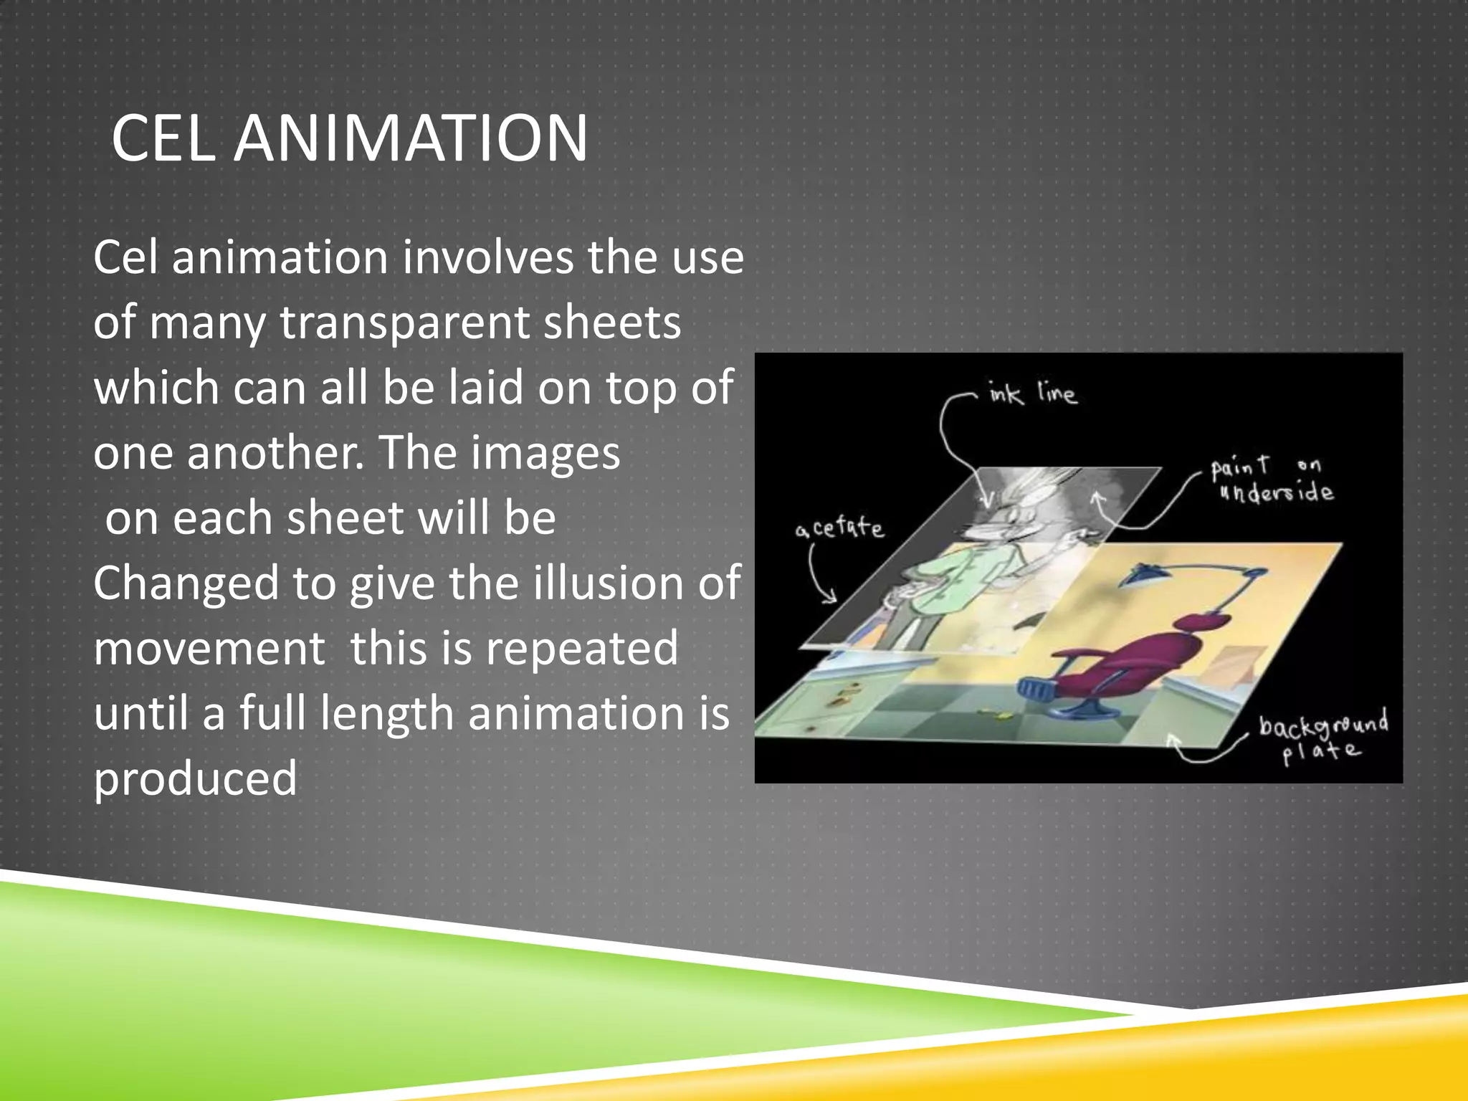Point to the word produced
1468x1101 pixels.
tap(195, 779)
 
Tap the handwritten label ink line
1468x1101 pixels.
tap(1032, 394)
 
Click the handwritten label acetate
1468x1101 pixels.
tap(839, 529)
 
